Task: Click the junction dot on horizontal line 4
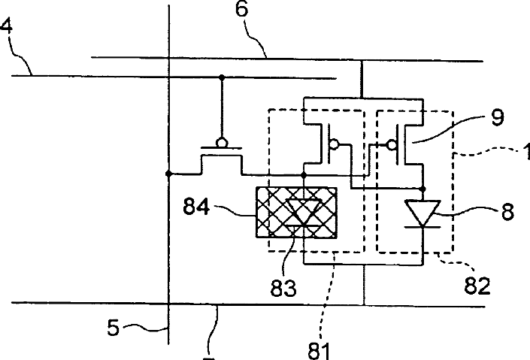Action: pos(223,77)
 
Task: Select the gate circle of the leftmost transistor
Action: pos(223,141)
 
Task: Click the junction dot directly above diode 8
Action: pos(423,189)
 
